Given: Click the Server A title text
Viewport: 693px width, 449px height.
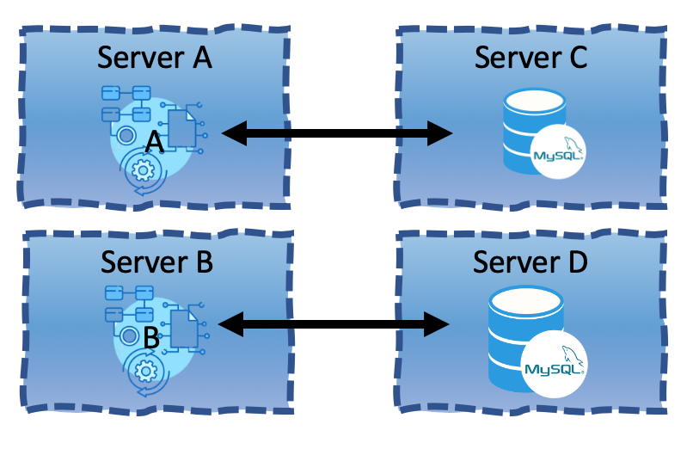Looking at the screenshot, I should pyautogui.click(x=155, y=58).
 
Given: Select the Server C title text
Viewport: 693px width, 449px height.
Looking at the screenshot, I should pyautogui.click(x=530, y=58).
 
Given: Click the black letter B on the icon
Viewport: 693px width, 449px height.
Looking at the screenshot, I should pyautogui.click(x=151, y=339).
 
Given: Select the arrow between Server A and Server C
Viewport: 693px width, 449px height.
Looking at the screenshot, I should pyautogui.click(x=337, y=133).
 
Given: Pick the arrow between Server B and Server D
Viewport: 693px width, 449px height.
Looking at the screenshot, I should pyautogui.click(x=335, y=325).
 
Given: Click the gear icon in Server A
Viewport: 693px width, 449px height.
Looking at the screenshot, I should pyautogui.click(x=141, y=171).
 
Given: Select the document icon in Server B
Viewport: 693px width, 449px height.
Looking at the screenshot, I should pyautogui.click(x=183, y=328).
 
